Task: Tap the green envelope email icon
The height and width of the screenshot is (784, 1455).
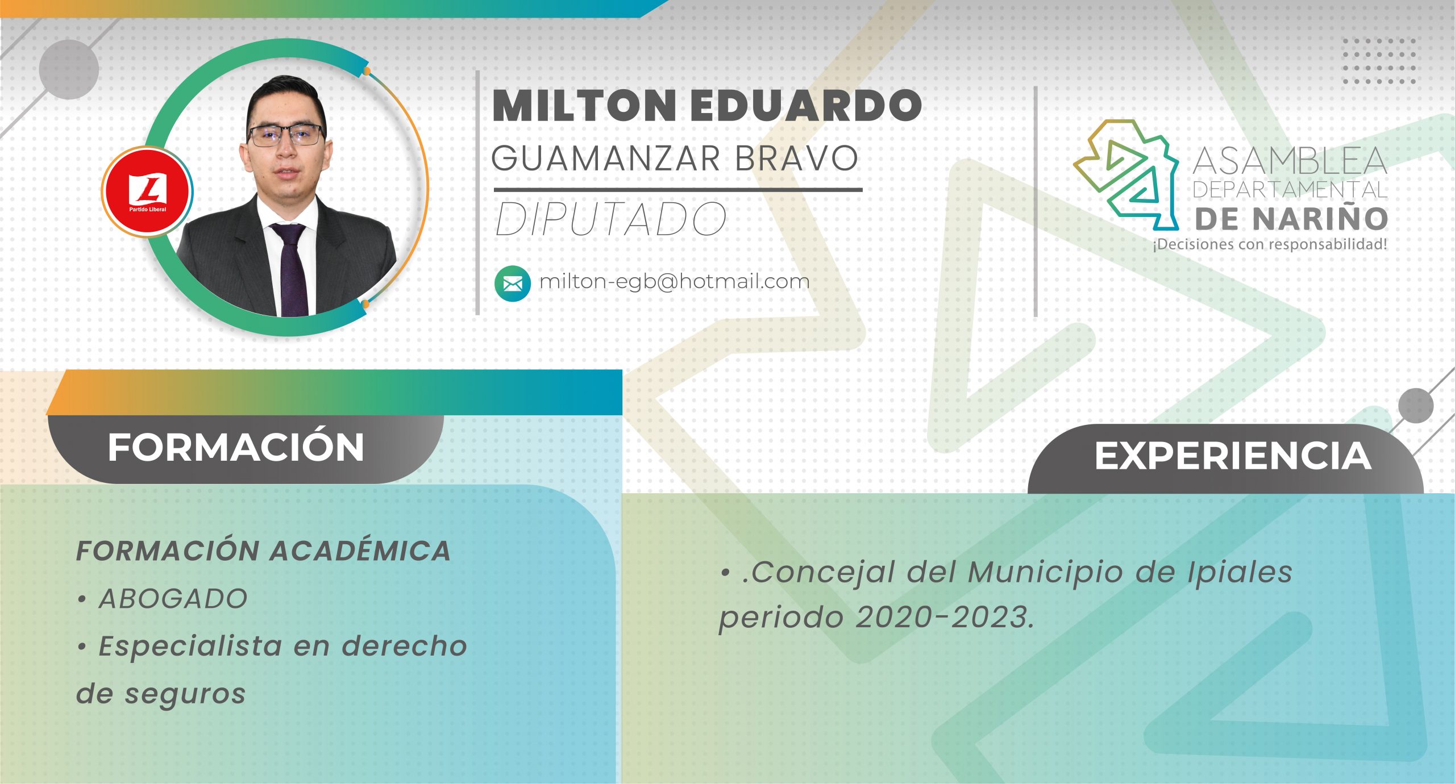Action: click(512, 283)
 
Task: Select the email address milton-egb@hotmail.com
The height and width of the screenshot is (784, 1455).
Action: click(674, 281)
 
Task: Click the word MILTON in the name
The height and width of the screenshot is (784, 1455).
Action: click(584, 106)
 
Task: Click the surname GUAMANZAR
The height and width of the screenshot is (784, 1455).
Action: click(607, 159)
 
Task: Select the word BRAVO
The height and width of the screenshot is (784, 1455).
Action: click(796, 159)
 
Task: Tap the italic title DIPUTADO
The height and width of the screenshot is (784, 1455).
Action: click(611, 220)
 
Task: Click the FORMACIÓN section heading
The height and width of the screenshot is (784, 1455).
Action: click(236, 448)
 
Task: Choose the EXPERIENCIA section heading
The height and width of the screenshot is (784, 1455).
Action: click(1233, 456)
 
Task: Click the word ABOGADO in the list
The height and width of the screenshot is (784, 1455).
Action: click(173, 599)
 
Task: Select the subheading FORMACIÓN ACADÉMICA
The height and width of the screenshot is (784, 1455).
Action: click(263, 551)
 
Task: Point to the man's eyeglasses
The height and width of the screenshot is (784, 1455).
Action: click(286, 135)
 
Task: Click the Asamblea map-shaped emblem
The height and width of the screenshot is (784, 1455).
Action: click(1128, 173)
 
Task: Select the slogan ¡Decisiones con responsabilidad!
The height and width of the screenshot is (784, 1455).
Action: click(1269, 245)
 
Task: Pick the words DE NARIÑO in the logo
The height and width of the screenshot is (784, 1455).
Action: click(1291, 219)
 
